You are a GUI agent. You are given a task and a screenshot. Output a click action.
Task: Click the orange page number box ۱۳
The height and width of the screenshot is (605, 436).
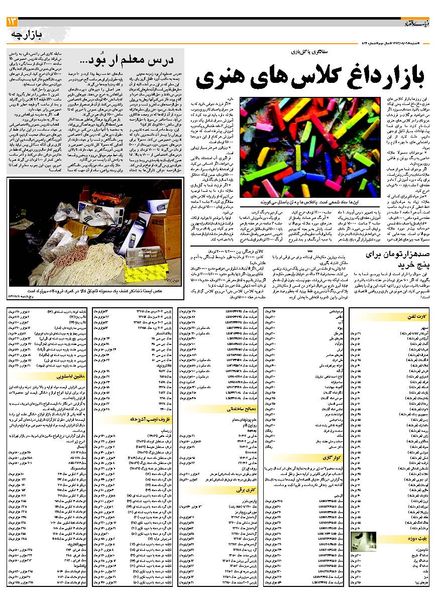pyautogui.click(x=11, y=22)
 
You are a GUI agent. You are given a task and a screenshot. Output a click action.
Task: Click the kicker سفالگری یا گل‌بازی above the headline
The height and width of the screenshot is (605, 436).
pyautogui.click(x=301, y=51)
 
